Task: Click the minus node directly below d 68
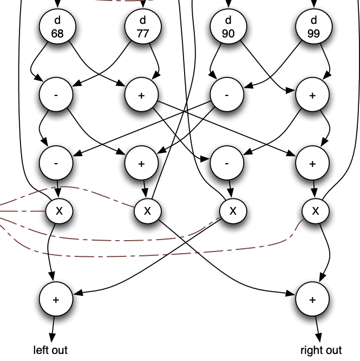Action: pos(56,95)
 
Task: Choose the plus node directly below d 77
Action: pos(141,95)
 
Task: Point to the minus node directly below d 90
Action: pos(227,95)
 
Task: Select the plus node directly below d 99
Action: pos(312,95)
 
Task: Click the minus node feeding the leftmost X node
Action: pos(56,163)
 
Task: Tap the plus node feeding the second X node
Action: pos(141,163)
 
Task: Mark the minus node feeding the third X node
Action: pos(227,163)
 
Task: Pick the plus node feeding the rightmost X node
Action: pos(312,163)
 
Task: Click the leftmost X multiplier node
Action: pos(60,210)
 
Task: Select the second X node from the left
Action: pos(147,210)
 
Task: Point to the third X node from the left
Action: pos(233,210)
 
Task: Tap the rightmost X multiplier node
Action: pos(316,210)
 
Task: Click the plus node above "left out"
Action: pos(56,299)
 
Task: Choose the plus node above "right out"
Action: pos(312,299)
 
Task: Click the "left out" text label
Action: pos(51,350)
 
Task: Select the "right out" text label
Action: pos(321,350)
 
